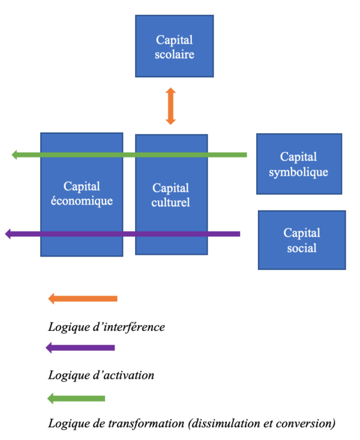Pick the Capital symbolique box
[x=299, y=164]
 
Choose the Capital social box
[x=302, y=240]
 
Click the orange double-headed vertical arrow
[x=171, y=106]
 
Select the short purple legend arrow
[x=80, y=348]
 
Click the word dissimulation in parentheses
[x=222, y=424]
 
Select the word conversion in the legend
[x=304, y=424]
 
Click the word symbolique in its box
[x=299, y=172]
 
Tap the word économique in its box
[x=82, y=201]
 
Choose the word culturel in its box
[x=171, y=203]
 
